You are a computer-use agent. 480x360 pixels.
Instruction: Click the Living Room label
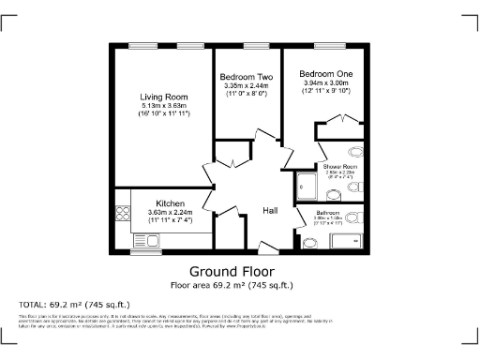164,97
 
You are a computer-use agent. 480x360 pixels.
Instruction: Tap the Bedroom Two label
247,77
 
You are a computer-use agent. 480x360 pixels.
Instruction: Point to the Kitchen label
170,203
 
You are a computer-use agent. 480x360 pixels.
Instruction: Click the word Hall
270,210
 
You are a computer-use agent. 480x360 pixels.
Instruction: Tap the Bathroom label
308,213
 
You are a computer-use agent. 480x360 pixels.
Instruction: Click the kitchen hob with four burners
122,212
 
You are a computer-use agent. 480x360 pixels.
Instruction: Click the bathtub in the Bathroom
346,241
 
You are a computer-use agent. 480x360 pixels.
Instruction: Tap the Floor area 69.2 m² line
232,284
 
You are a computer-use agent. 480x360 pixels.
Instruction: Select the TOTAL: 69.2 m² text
74,305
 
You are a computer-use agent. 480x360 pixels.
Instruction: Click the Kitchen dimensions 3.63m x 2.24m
170,212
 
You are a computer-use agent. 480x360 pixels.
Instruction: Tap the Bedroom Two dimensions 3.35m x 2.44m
246,86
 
